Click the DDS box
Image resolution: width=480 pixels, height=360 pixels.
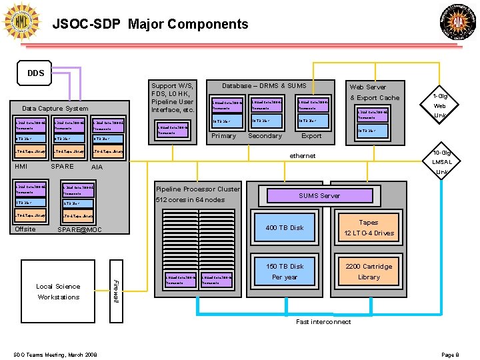[x=36, y=73]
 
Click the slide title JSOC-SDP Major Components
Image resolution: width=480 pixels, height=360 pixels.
[x=150, y=25]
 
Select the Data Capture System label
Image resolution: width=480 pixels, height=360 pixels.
[x=55, y=108]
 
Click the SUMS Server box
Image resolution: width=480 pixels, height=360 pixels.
[x=319, y=195]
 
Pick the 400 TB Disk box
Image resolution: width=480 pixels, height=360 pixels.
[x=285, y=228]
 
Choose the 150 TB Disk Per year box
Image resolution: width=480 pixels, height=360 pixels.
[x=285, y=271]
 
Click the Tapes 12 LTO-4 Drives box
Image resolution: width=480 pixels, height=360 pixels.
[x=368, y=228]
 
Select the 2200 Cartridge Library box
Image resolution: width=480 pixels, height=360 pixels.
[x=368, y=271]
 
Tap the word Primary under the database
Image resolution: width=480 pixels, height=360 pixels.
[x=223, y=136]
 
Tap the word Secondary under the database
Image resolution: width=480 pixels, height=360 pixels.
[x=265, y=136]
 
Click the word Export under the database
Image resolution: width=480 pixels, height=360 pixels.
[x=311, y=136]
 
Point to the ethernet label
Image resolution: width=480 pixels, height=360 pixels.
[x=303, y=156]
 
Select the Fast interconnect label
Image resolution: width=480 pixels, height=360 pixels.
[x=323, y=322]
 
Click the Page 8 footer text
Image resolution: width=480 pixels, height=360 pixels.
[x=450, y=354]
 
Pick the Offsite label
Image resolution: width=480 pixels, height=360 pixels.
[x=25, y=229]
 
